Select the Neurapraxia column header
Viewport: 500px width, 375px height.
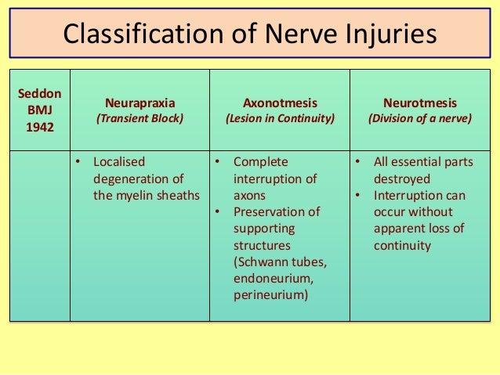[x=139, y=103]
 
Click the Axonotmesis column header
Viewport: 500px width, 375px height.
[x=280, y=103]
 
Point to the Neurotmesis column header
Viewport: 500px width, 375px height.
[x=420, y=103]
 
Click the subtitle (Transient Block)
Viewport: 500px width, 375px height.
[x=139, y=120]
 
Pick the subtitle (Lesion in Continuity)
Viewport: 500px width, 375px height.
[x=280, y=120]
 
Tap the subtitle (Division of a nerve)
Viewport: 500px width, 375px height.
[x=420, y=120]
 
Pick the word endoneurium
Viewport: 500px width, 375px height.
[x=271, y=278]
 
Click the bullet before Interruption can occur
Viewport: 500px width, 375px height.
[x=356, y=196]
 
